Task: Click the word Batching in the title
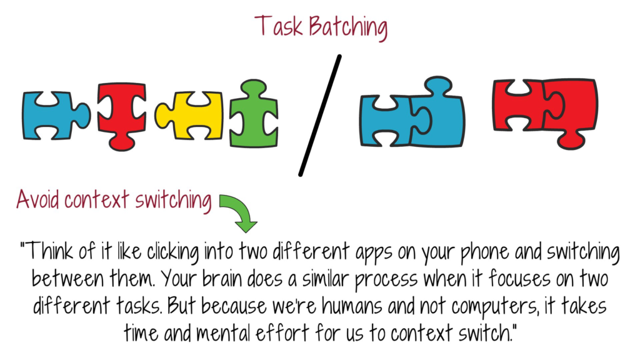(347, 27)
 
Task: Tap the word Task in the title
(279, 26)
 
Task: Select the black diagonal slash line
(320, 116)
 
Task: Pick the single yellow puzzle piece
(189, 116)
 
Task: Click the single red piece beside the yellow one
(122, 116)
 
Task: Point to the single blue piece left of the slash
(56, 115)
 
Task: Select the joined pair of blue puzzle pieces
(412, 112)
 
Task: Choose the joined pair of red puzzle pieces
(545, 112)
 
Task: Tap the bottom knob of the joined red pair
(571, 141)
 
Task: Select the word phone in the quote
(484, 252)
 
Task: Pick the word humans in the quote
(352, 305)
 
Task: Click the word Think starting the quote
(47, 251)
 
